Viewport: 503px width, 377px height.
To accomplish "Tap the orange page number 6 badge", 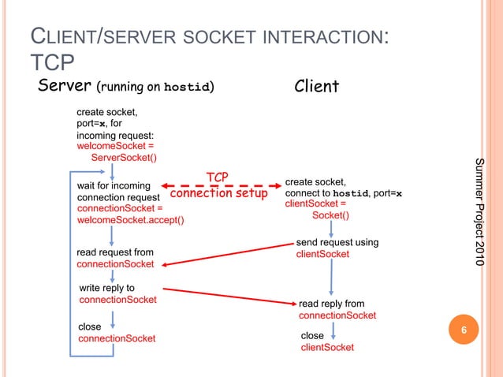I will point(464,330).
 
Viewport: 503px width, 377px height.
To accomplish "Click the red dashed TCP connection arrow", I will point(229,185).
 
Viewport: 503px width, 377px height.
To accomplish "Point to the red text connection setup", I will point(219,193).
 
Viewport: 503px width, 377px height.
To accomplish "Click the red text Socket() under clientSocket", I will point(331,215).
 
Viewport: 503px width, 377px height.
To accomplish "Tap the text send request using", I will point(337,242).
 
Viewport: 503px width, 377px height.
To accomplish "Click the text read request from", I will point(115,252).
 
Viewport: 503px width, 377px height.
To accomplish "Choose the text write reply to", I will point(107,288).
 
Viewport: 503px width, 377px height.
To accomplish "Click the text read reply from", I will point(331,304).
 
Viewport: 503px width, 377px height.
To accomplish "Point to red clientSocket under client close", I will point(327,347).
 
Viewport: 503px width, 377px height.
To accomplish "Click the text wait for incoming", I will point(114,185).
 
